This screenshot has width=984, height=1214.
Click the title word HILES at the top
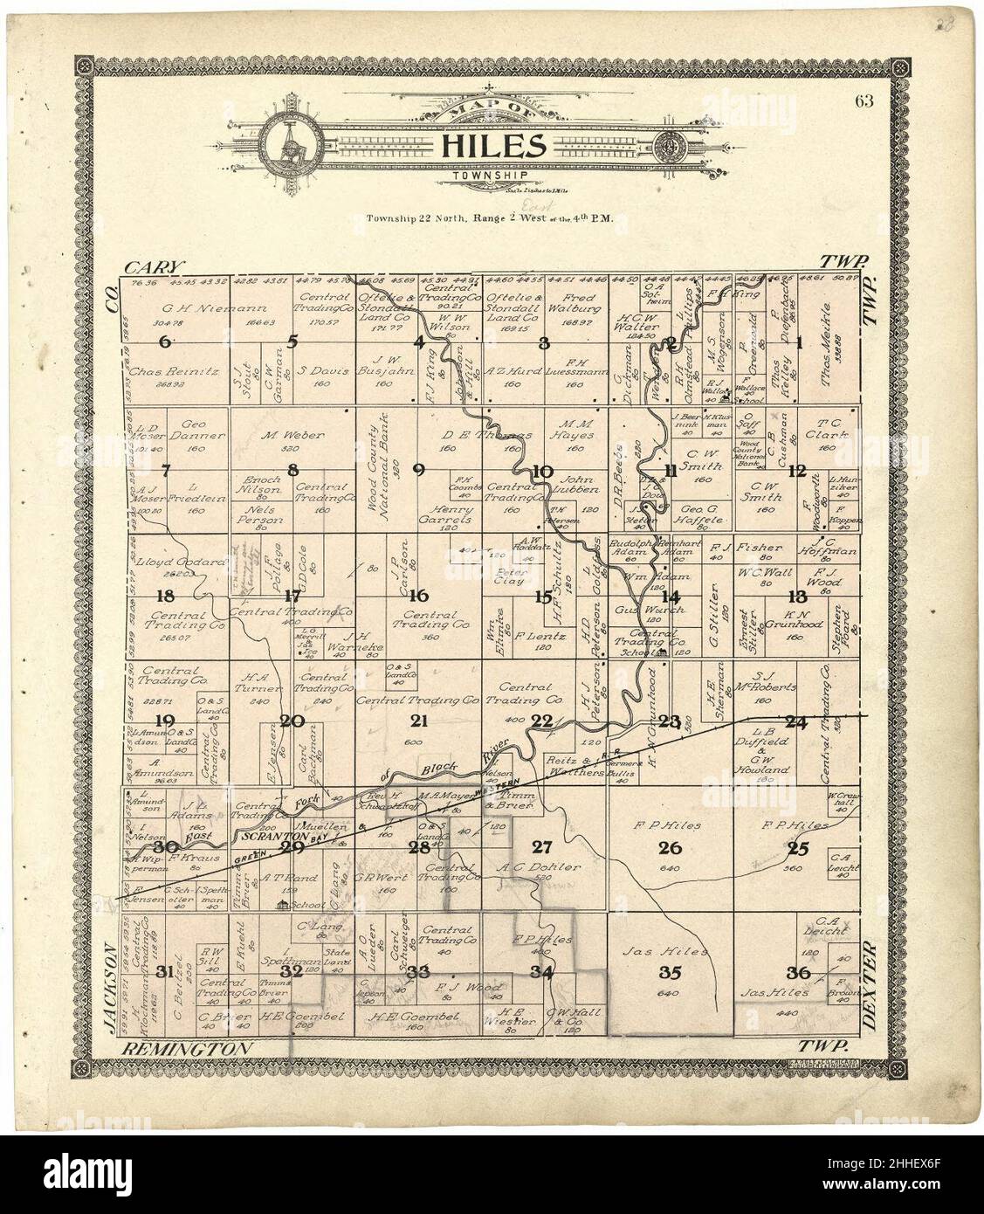coord(492,146)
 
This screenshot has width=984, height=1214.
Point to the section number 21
coord(419,721)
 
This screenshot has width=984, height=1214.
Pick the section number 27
coord(542,845)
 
